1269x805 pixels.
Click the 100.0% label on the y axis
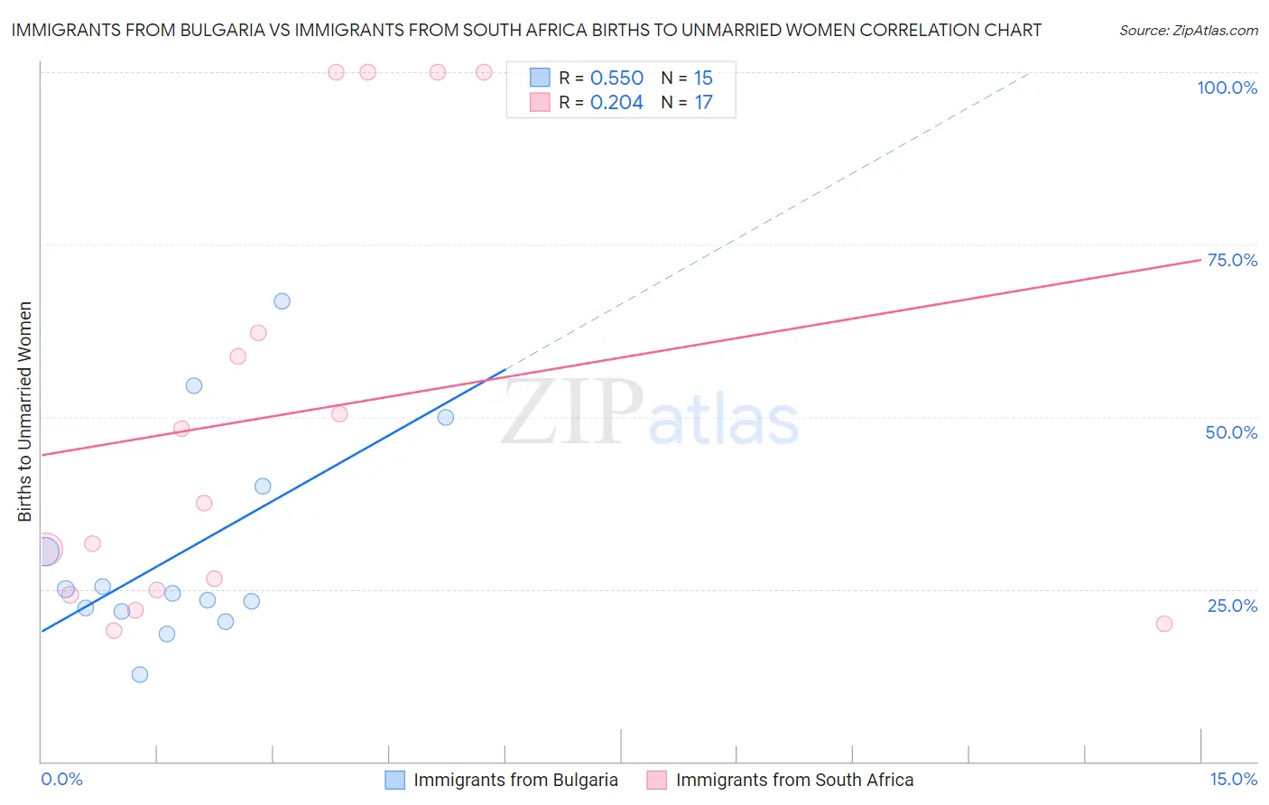[1227, 88]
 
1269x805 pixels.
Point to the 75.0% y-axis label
[1232, 260]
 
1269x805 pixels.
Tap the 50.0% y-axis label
[1231, 432]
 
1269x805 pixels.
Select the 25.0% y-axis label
[1232, 606]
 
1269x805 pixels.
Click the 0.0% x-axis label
[61, 779]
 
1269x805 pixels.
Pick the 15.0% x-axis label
[1233, 779]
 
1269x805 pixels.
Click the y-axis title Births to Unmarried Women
[24, 412]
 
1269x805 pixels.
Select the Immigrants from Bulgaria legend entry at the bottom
[502, 781]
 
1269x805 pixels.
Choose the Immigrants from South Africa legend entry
[781, 781]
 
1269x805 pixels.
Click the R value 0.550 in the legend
[616, 79]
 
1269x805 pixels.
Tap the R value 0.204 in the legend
[616, 103]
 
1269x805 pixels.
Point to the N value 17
[703, 103]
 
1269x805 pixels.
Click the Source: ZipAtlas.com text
[1188, 31]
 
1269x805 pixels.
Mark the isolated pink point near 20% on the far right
[1164, 624]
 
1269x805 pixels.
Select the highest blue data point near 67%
[282, 301]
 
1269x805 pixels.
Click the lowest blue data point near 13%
[140, 674]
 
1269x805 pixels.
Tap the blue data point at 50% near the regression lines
[445, 417]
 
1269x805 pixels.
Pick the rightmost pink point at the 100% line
[484, 72]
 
